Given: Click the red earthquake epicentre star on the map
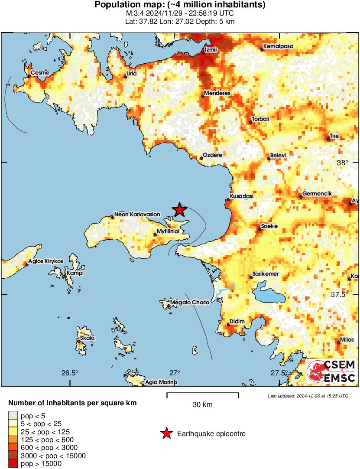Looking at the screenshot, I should [x=179, y=210].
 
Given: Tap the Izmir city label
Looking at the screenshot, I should [x=210, y=50].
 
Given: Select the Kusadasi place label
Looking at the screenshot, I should [x=241, y=196].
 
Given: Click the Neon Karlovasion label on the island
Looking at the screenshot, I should [x=137, y=215].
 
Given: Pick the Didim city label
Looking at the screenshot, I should [x=237, y=321].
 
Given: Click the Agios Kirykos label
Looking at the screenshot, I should [x=45, y=261].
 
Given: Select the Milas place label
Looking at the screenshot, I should [x=347, y=340].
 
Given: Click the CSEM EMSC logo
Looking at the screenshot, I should [x=331, y=371].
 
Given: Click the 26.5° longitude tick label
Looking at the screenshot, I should [x=70, y=373].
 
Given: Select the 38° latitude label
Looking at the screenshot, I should [x=343, y=163].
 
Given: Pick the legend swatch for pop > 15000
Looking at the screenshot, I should [x=13, y=464].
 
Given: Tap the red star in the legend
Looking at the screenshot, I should [x=165, y=433].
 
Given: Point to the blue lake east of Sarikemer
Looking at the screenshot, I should [x=269, y=293].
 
